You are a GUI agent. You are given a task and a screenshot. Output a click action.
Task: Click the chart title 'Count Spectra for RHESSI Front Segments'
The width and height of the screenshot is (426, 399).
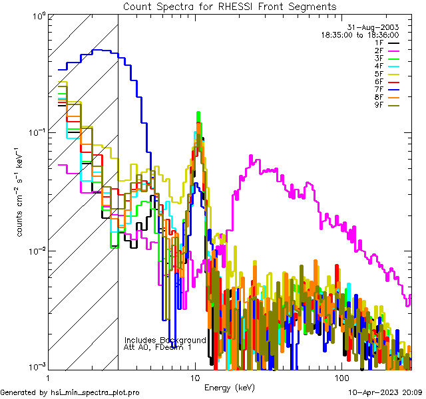230,6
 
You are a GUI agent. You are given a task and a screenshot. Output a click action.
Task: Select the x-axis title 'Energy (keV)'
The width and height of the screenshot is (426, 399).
230,387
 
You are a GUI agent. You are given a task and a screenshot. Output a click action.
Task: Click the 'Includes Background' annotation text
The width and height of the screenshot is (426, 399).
165,340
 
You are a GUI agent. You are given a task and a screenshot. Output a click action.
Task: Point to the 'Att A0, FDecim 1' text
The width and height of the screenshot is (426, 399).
158,347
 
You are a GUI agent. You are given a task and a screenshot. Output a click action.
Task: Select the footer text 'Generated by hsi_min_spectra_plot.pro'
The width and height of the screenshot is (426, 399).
70,393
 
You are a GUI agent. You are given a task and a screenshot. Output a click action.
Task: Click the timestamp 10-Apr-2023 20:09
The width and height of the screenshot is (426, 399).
385,393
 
